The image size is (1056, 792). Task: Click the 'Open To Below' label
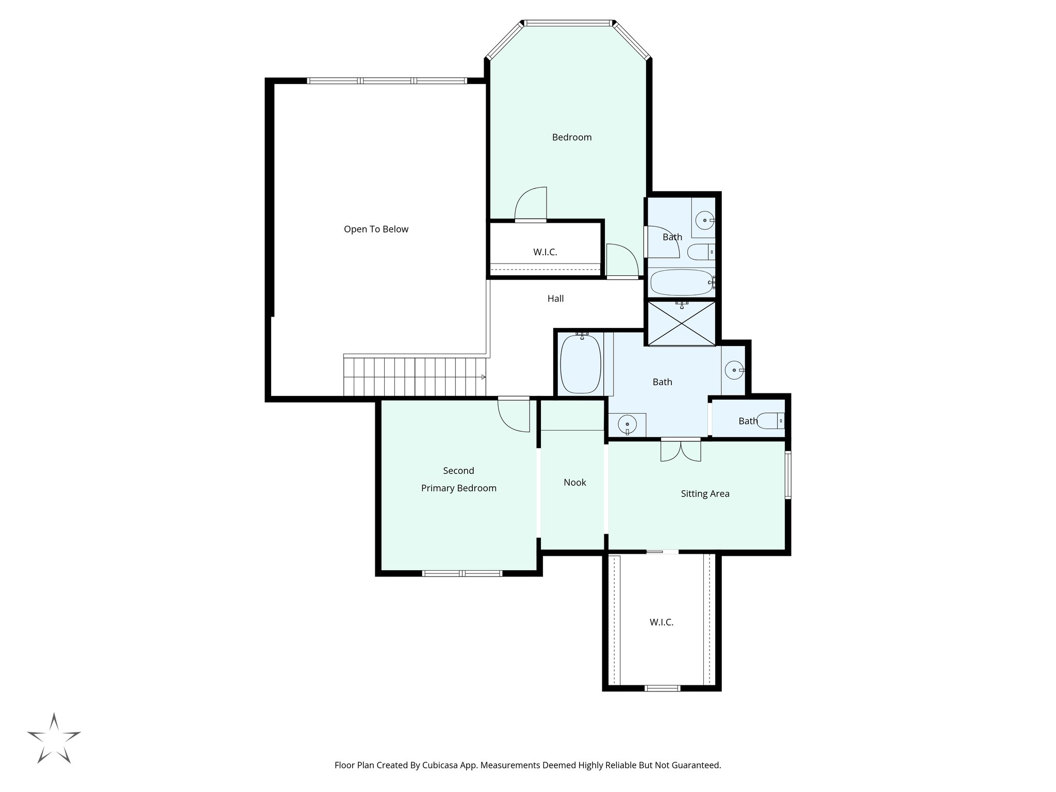click(x=376, y=229)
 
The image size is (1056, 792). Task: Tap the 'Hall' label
click(x=555, y=299)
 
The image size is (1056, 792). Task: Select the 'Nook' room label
click(x=574, y=483)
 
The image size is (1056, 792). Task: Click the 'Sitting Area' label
click(x=705, y=494)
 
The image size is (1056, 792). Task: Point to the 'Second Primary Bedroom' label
click(x=458, y=480)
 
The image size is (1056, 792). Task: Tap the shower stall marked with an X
click(x=682, y=323)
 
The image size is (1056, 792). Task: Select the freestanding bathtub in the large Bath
click(x=581, y=364)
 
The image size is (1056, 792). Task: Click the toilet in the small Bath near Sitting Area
click(x=773, y=421)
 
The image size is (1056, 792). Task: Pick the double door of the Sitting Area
click(x=681, y=450)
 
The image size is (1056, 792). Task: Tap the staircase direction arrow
click(x=483, y=377)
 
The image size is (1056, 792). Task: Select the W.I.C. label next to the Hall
click(x=545, y=253)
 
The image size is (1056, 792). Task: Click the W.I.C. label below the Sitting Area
click(x=661, y=622)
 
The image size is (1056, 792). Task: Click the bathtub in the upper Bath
click(x=682, y=283)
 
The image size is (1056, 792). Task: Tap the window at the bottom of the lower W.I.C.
click(x=663, y=688)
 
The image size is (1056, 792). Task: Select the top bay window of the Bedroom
click(x=568, y=23)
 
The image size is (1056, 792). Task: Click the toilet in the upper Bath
click(x=701, y=252)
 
